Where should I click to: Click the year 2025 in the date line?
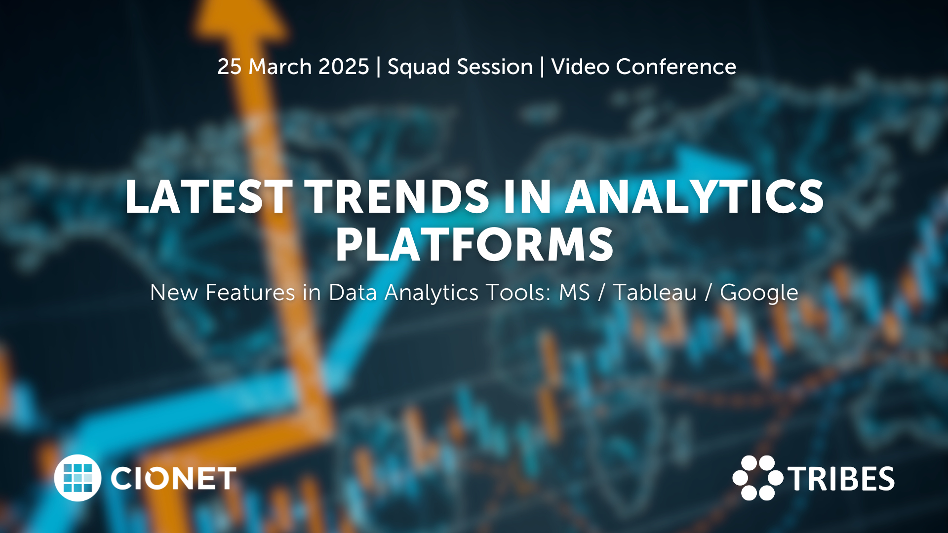point(344,67)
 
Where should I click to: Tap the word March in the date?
point(280,67)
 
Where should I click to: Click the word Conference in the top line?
point(676,67)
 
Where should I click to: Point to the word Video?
point(580,67)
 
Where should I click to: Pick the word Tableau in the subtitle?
point(654,292)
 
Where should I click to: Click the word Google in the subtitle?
point(759,293)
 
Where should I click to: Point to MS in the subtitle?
point(574,292)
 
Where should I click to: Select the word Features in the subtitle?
point(250,292)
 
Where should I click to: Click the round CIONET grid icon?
point(78,478)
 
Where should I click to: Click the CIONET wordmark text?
point(173,479)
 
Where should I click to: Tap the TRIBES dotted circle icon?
point(757,478)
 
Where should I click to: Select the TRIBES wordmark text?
point(841,479)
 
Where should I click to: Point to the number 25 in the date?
point(230,67)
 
